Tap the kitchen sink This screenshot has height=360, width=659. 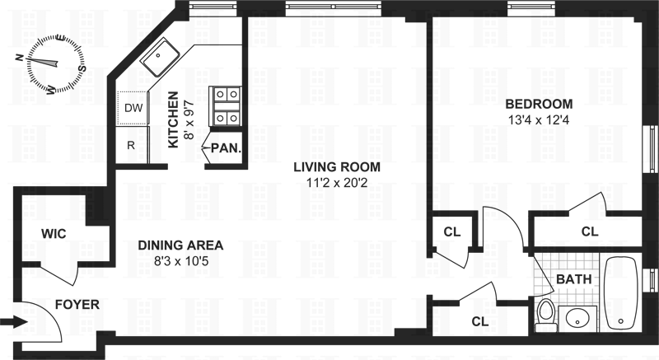coord(159,58)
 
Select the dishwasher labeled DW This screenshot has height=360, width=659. coord(133,108)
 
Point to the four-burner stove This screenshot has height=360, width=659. coord(225,105)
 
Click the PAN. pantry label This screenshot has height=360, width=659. coord(226,147)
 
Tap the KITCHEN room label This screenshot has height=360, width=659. coord(173,119)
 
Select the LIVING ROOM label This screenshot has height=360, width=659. coord(337,166)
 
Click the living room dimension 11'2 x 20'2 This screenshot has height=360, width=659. coord(337,183)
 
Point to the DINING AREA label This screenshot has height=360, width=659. coord(180,245)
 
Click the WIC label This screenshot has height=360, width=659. coord(54,234)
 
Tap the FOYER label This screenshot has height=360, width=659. coord(77,304)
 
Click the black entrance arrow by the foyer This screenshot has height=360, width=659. coord(16,323)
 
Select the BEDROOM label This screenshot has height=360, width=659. coord(539,104)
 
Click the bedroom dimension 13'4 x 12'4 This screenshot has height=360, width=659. coord(539,120)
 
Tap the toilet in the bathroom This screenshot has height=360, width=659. coord(546,315)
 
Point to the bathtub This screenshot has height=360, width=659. coord(620,293)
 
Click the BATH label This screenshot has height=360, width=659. coord(574,279)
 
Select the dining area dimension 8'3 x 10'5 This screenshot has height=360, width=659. coord(181,261)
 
